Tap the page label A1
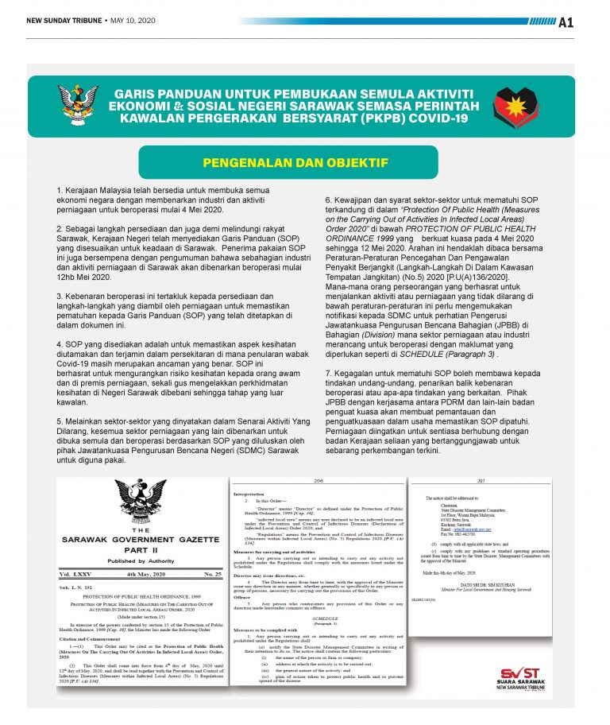tap(589, 22)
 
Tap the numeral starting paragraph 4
tap(60, 344)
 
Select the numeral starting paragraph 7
tap(329, 372)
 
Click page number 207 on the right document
tap(481, 481)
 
